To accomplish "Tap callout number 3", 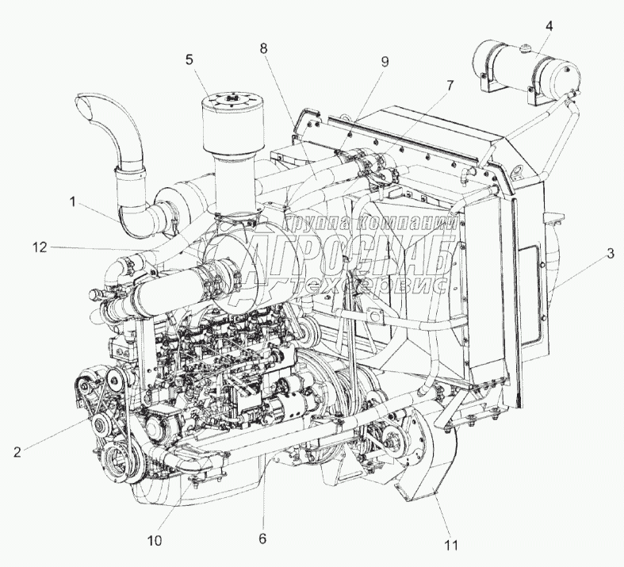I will (610, 255).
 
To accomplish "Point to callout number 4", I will (549, 25).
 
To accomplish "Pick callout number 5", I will (189, 59).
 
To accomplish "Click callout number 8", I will (263, 48).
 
